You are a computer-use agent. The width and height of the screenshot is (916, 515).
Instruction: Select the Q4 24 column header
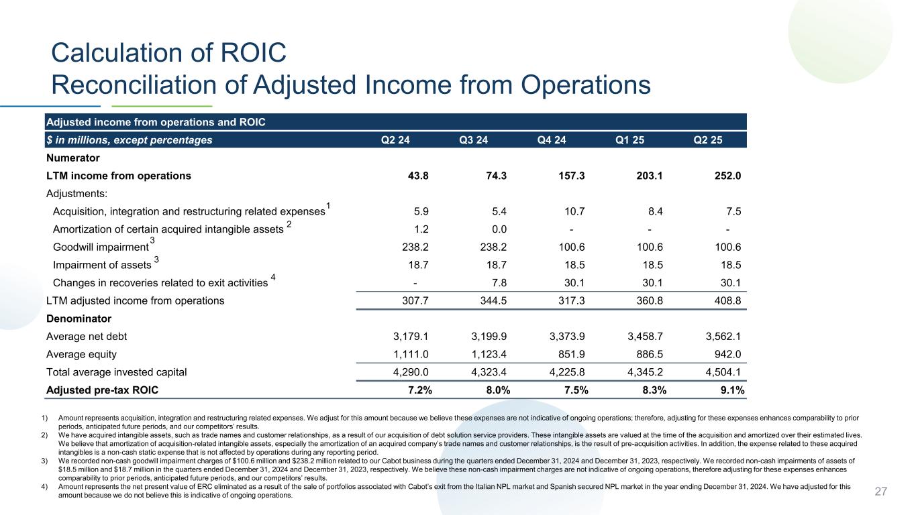(552, 140)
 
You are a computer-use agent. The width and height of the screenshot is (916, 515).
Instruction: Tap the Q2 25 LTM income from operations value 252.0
(727, 176)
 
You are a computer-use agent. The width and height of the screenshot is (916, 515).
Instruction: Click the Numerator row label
(72, 158)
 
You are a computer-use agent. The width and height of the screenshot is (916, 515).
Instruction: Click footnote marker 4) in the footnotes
(44, 486)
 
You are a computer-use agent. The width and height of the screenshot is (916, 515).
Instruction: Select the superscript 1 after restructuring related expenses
(327, 205)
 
